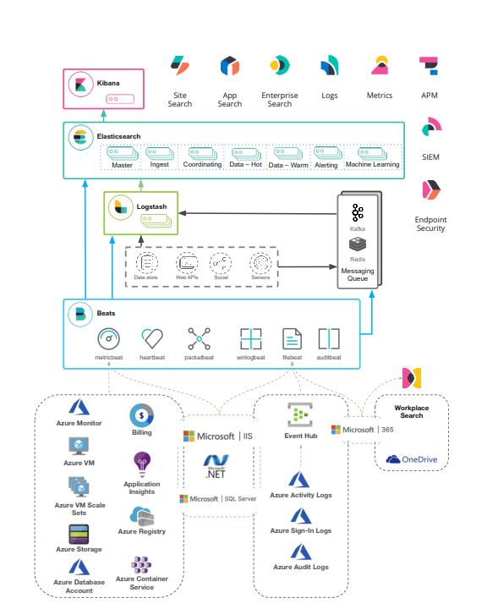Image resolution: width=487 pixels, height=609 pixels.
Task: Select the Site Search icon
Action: (x=180, y=66)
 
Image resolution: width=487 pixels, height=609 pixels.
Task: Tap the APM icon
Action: (x=429, y=67)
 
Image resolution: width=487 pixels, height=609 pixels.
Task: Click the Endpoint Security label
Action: (x=430, y=223)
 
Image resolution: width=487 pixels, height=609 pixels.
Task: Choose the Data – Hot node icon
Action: (x=246, y=153)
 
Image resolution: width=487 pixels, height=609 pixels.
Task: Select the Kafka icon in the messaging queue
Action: (x=358, y=212)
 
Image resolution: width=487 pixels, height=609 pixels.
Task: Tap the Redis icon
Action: (x=358, y=244)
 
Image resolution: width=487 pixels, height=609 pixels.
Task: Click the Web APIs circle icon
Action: (x=187, y=261)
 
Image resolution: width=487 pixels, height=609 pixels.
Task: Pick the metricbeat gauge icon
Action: (x=110, y=339)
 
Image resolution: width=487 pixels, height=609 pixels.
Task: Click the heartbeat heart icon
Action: (x=152, y=339)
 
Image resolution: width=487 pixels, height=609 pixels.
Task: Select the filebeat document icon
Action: (x=292, y=339)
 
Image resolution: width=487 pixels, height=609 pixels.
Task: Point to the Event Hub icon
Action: (x=300, y=414)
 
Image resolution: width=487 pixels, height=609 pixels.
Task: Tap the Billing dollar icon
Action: (x=141, y=415)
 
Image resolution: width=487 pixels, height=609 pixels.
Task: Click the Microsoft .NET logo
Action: (x=218, y=465)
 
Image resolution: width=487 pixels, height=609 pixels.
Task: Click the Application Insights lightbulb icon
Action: (x=141, y=464)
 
